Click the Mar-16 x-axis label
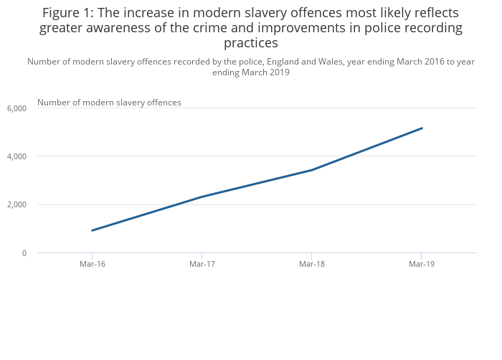(93, 264)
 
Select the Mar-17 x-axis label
(202, 264)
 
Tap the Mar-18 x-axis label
(311, 264)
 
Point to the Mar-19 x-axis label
(421, 264)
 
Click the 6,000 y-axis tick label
(16, 108)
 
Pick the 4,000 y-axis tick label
(16, 156)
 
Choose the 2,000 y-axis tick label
(16, 205)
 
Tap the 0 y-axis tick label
(24, 253)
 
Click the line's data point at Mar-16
(93, 230)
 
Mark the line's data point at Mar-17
(202, 196)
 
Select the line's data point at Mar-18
(311, 170)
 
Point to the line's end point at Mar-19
(422, 128)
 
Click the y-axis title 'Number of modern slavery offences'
(109, 103)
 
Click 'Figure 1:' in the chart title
(69, 13)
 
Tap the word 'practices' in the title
(250, 43)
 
